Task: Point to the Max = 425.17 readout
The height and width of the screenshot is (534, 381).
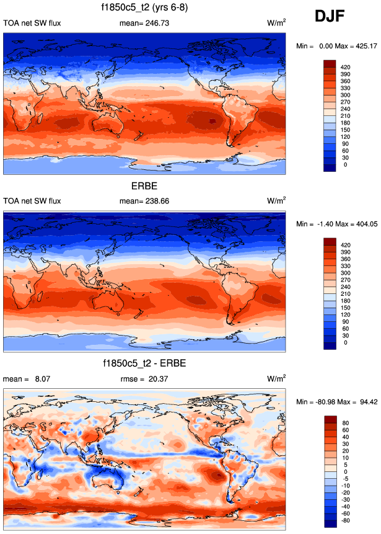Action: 355,46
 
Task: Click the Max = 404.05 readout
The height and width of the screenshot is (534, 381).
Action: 355,223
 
